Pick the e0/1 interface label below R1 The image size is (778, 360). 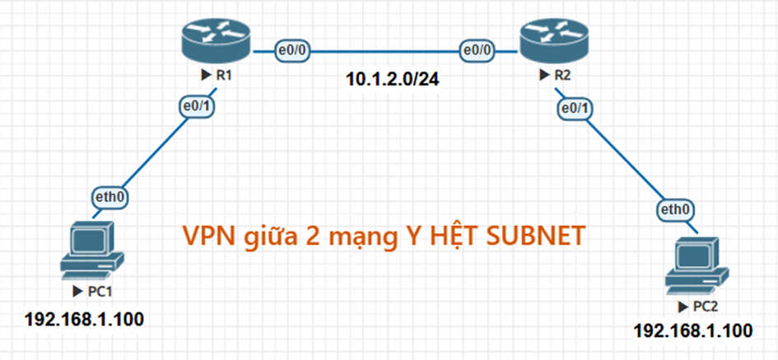(x=197, y=108)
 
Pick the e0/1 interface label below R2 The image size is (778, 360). (x=575, y=108)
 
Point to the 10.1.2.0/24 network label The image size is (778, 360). (x=385, y=81)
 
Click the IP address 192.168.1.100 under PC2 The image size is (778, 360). (x=692, y=330)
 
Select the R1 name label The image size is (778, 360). (x=222, y=75)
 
